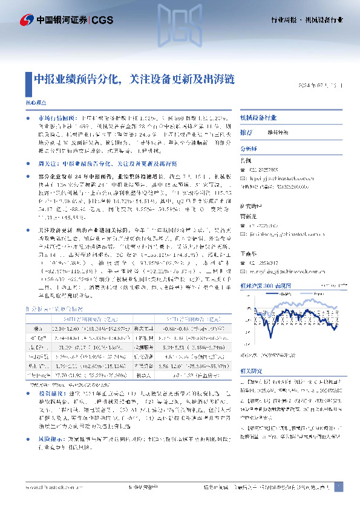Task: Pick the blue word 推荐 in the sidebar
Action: (246, 132)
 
